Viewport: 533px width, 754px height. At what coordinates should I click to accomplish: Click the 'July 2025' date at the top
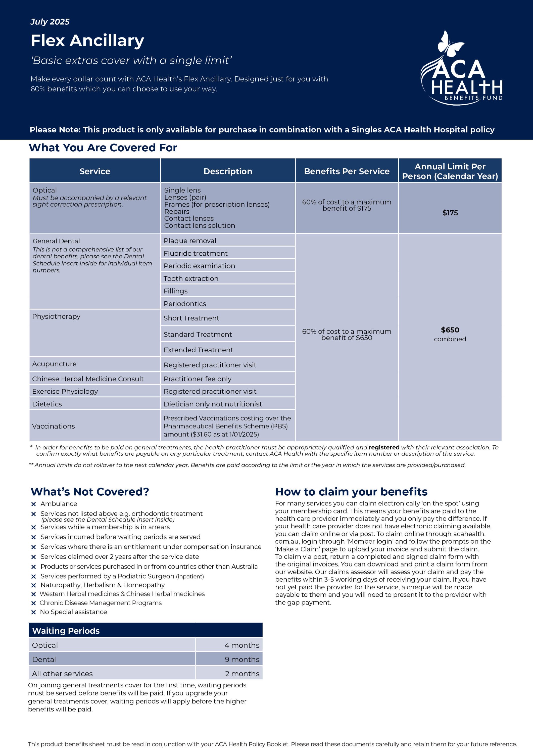coord(50,22)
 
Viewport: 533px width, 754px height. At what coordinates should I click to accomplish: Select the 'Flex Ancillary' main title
coord(87,40)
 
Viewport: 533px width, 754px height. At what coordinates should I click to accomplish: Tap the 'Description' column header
coord(228,171)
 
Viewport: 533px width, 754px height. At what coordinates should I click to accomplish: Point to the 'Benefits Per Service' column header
coord(347,171)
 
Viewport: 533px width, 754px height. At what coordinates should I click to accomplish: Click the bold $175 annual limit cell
coord(450,213)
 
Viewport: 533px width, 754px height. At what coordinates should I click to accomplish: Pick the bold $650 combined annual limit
coord(450,330)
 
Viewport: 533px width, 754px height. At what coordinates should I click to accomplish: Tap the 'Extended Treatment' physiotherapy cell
coord(198,350)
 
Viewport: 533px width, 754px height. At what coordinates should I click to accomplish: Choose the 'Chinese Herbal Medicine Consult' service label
coord(88,379)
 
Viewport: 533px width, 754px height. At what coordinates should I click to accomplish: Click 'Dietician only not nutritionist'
coord(213,404)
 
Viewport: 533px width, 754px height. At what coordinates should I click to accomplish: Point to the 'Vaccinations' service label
coord(54,426)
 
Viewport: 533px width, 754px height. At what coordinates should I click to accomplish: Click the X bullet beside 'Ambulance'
coord(33,504)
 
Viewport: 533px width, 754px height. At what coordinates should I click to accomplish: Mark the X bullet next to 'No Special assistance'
coord(33,612)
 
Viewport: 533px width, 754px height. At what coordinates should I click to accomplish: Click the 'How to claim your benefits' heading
coord(351,492)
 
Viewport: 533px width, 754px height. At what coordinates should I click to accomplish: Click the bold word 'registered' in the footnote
coord(384,447)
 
